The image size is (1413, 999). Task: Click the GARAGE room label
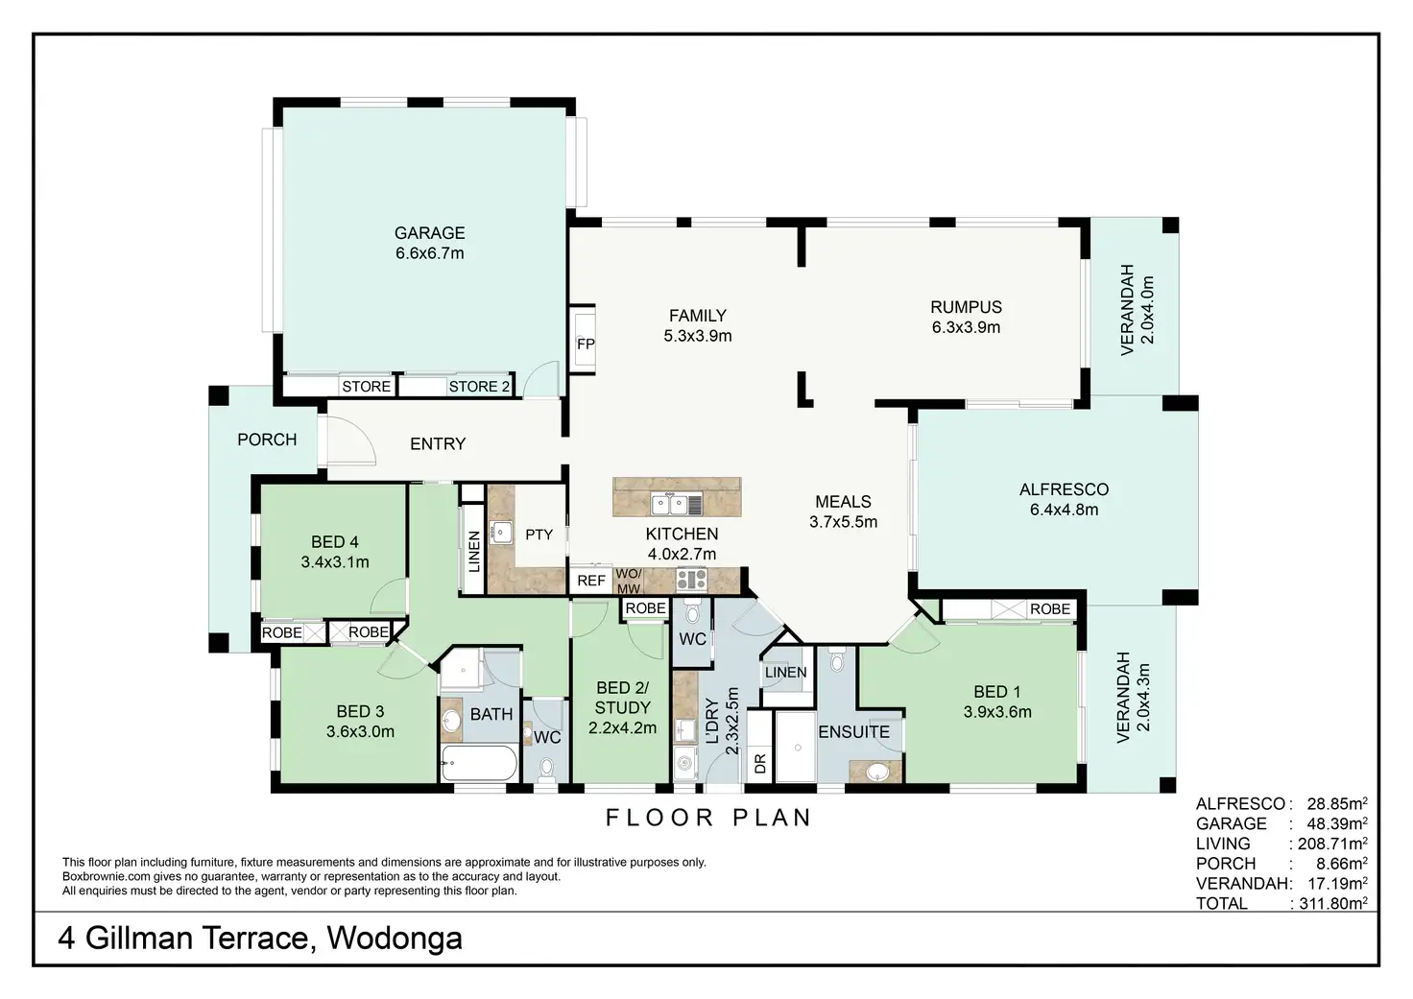point(429,233)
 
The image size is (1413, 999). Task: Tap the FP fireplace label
point(586,345)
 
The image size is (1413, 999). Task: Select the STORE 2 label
point(479,387)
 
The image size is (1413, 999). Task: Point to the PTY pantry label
point(539,535)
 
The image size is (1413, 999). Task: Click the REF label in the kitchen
point(591,581)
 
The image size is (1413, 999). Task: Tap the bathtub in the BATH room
point(479,764)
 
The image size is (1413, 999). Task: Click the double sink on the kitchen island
point(669,503)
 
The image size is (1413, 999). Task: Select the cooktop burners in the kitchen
point(691,579)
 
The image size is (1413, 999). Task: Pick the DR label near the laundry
point(760,764)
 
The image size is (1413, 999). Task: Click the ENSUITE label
point(853,732)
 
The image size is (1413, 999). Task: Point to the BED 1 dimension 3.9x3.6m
point(997,712)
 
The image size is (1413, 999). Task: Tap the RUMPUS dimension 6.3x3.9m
point(966,327)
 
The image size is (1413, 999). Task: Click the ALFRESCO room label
point(1064,489)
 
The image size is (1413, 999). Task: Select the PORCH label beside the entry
point(267,440)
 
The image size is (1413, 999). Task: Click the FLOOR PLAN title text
point(708,818)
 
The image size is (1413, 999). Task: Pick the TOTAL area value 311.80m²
point(1333,903)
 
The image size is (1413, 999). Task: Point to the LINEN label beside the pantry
point(473,552)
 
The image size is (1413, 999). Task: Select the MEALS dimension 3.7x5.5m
point(843,522)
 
